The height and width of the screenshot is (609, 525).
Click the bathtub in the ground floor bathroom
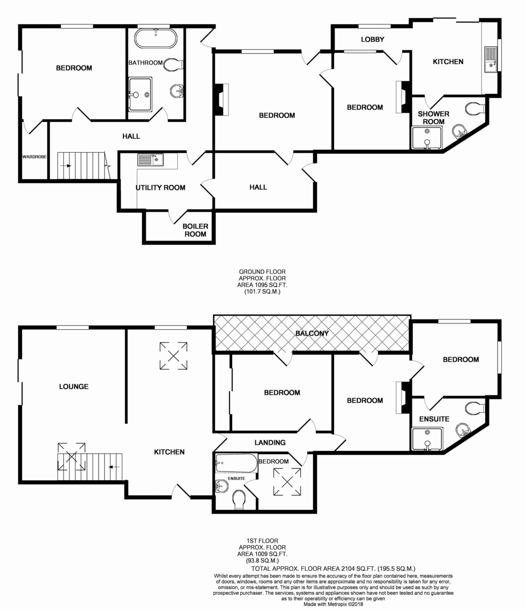(x=156, y=38)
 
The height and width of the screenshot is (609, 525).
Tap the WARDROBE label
(x=35, y=157)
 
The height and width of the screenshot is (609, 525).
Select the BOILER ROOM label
(x=195, y=230)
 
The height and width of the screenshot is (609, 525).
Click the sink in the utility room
(x=150, y=159)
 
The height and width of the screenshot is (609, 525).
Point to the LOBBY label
(x=373, y=39)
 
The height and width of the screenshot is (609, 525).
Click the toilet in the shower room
(x=475, y=109)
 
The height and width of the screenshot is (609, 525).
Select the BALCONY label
(x=312, y=333)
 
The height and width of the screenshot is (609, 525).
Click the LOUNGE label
(x=74, y=386)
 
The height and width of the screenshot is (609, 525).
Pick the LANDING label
(x=270, y=442)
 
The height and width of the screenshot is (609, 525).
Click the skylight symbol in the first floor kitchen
(x=173, y=355)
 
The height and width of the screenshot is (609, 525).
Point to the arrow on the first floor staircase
(x=114, y=467)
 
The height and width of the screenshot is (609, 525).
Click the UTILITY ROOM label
(x=160, y=188)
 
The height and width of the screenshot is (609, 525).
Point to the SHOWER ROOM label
(x=434, y=118)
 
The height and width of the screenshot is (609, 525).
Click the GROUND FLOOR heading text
(x=262, y=272)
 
